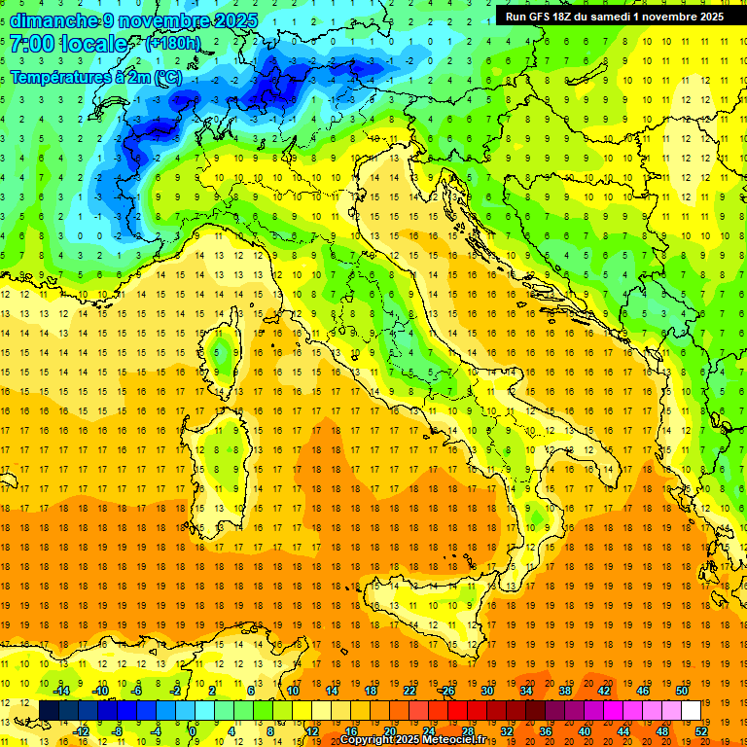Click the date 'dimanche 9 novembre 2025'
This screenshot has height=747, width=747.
(x=134, y=20)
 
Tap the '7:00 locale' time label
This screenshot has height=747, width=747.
(x=69, y=44)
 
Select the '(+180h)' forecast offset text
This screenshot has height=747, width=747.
(x=172, y=43)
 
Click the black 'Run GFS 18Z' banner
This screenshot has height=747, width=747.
(x=614, y=17)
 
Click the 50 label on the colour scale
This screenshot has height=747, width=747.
(x=682, y=691)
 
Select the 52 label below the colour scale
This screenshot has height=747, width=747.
(x=701, y=730)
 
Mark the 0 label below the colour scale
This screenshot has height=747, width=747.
(x=194, y=730)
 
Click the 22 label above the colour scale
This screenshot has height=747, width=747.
(x=409, y=691)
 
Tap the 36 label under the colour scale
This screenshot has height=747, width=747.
(x=546, y=730)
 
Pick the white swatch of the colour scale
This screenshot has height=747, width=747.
(x=691, y=710)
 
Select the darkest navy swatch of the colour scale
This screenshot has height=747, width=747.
(x=49, y=710)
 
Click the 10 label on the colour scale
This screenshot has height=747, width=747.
(x=293, y=691)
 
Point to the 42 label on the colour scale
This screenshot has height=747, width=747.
(x=604, y=691)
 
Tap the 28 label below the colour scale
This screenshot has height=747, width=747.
(x=468, y=730)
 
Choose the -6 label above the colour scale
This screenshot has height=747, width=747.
(x=137, y=691)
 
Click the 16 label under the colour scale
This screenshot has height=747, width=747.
(x=351, y=730)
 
